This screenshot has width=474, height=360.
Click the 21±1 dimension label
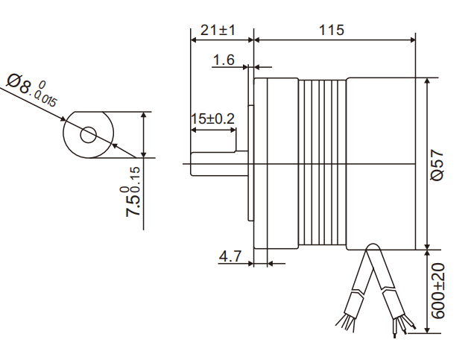click(x=218, y=30)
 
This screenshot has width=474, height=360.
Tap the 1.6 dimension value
click(x=224, y=59)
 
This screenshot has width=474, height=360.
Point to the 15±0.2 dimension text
click(x=212, y=119)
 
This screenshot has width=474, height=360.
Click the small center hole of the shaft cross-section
click(x=89, y=135)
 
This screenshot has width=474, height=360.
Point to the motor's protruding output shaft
click(x=216, y=163)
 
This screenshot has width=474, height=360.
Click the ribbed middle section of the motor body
click(x=323, y=162)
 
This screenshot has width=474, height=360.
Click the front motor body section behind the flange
click(x=277, y=162)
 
